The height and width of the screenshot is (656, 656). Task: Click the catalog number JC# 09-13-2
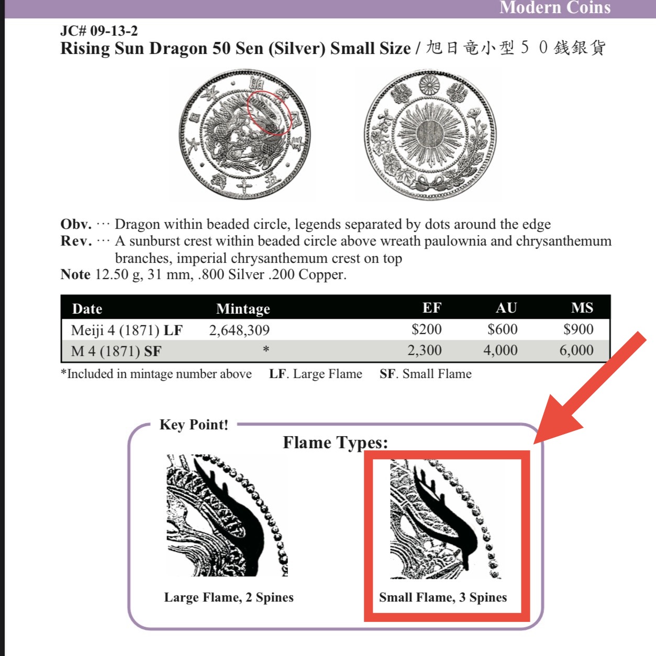click(99, 31)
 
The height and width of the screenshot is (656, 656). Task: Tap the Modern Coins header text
click(555, 7)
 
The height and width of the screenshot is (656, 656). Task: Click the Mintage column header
click(243, 309)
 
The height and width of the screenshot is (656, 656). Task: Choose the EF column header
click(431, 308)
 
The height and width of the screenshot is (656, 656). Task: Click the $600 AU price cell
click(502, 329)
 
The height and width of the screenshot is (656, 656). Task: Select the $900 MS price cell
click(578, 329)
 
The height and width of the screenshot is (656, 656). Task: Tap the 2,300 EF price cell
click(425, 350)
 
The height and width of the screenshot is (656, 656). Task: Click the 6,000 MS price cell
click(576, 350)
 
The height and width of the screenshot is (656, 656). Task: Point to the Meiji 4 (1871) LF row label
click(127, 330)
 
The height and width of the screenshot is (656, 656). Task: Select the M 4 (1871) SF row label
click(116, 351)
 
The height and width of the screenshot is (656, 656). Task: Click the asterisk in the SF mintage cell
click(266, 349)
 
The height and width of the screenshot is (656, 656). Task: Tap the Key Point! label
click(194, 425)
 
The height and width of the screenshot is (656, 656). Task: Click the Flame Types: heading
click(335, 442)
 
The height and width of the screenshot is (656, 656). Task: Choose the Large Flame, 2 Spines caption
click(229, 597)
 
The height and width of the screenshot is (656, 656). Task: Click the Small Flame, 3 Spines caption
click(443, 597)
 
